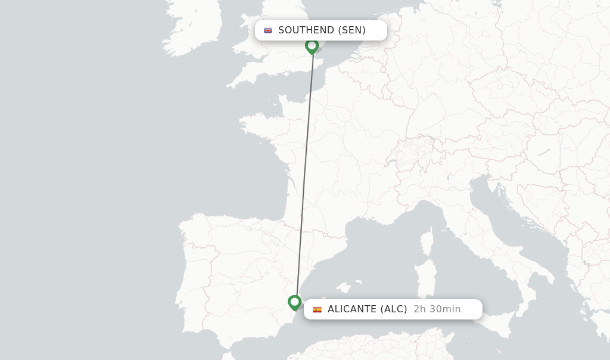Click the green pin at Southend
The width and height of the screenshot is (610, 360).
tap(312, 46)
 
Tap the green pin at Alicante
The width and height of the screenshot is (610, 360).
tap(294, 302)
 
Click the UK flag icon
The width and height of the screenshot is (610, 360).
tap(268, 30)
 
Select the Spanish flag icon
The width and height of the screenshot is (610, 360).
tap(317, 309)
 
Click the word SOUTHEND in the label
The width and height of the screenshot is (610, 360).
tap(306, 30)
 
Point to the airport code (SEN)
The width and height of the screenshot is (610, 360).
tap(351, 30)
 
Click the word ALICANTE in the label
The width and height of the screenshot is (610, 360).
tap(351, 309)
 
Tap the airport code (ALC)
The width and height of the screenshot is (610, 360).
tap(394, 309)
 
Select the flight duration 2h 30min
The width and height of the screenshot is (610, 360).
tap(437, 309)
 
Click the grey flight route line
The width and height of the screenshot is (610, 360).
tap(304, 179)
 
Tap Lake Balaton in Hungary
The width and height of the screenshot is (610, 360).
tap(543, 153)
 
